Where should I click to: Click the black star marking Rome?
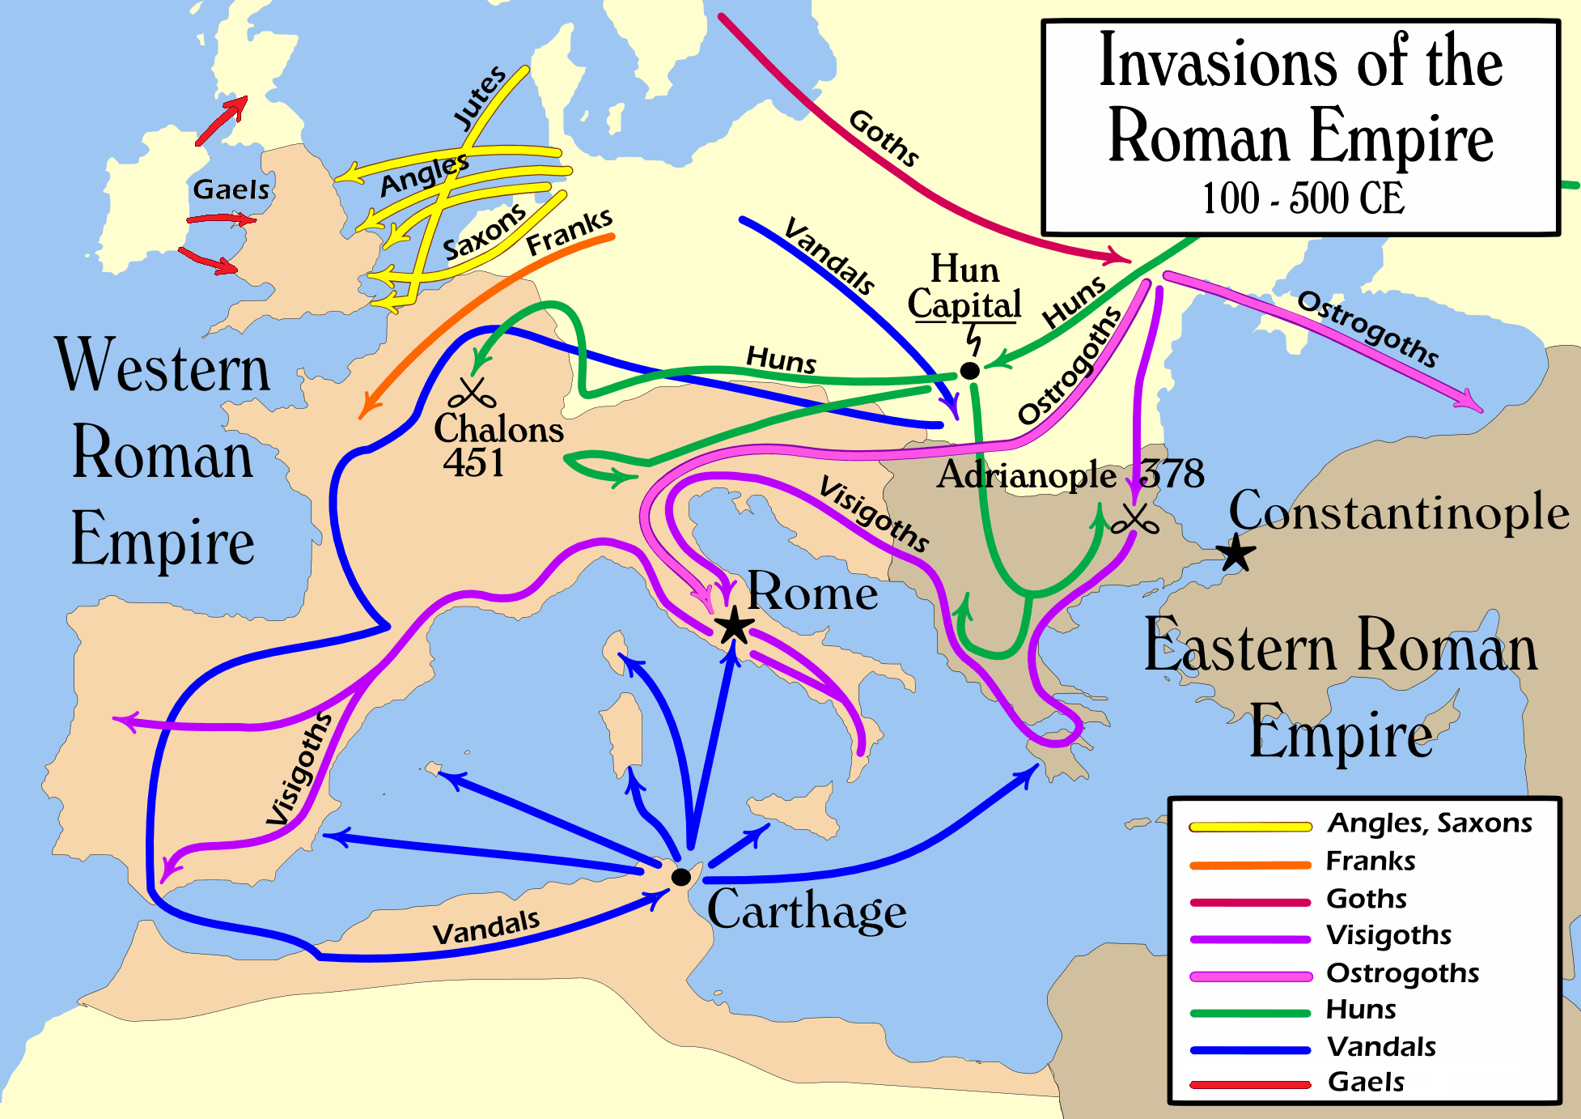pos(734,626)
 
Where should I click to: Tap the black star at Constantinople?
pos(1236,554)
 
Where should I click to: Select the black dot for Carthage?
pos(681,877)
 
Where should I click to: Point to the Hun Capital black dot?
pos(969,371)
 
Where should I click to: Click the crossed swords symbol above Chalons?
pos(472,394)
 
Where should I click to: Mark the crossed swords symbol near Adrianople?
pos(1134,520)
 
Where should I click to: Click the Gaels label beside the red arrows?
pos(231,189)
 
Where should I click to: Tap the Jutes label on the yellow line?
pos(479,98)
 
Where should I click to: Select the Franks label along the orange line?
pos(569,232)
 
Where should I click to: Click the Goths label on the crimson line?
pos(884,138)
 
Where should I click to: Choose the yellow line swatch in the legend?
pos(1250,827)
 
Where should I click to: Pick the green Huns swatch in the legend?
pos(1250,1013)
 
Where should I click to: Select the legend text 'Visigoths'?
pos(1388,935)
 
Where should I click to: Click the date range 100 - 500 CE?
pos(1303,199)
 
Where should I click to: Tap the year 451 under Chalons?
pos(473,463)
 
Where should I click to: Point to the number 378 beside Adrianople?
pos(1172,474)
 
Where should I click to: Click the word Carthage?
pos(807,910)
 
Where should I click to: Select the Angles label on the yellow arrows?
pos(424,175)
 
